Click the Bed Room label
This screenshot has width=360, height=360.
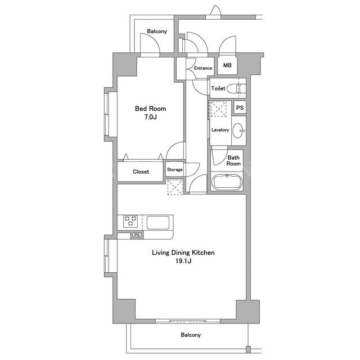(x=150, y=109)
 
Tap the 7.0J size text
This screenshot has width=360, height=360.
(x=150, y=117)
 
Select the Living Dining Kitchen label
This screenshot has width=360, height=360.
(x=183, y=253)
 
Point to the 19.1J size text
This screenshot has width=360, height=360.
(x=183, y=261)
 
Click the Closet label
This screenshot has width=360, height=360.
(x=141, y=172)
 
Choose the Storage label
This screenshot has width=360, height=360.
(x=175, y=170)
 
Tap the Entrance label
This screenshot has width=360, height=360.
(x=203, y=68)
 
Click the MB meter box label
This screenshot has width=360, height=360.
(x=227, y=65)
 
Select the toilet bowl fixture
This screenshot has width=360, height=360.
(x=236, y=88)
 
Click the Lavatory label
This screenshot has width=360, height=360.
(x=220, y=130)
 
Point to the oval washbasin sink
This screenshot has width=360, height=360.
(x=238, y=130)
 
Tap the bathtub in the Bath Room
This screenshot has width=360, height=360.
(x=227, y=182)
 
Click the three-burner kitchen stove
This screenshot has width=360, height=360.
(x=130, y=221)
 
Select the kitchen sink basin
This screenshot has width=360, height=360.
(x=158, y=223)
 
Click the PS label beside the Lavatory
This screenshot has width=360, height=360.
(x=240, y=107)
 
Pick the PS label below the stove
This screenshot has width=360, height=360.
(x=137, y=235)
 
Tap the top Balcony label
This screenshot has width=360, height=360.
(x=157, y=31)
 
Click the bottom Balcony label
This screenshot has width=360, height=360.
(x=191, y=335)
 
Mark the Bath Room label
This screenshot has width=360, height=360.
(x=233, y=161)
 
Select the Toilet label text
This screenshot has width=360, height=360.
(x=218, y=88)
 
